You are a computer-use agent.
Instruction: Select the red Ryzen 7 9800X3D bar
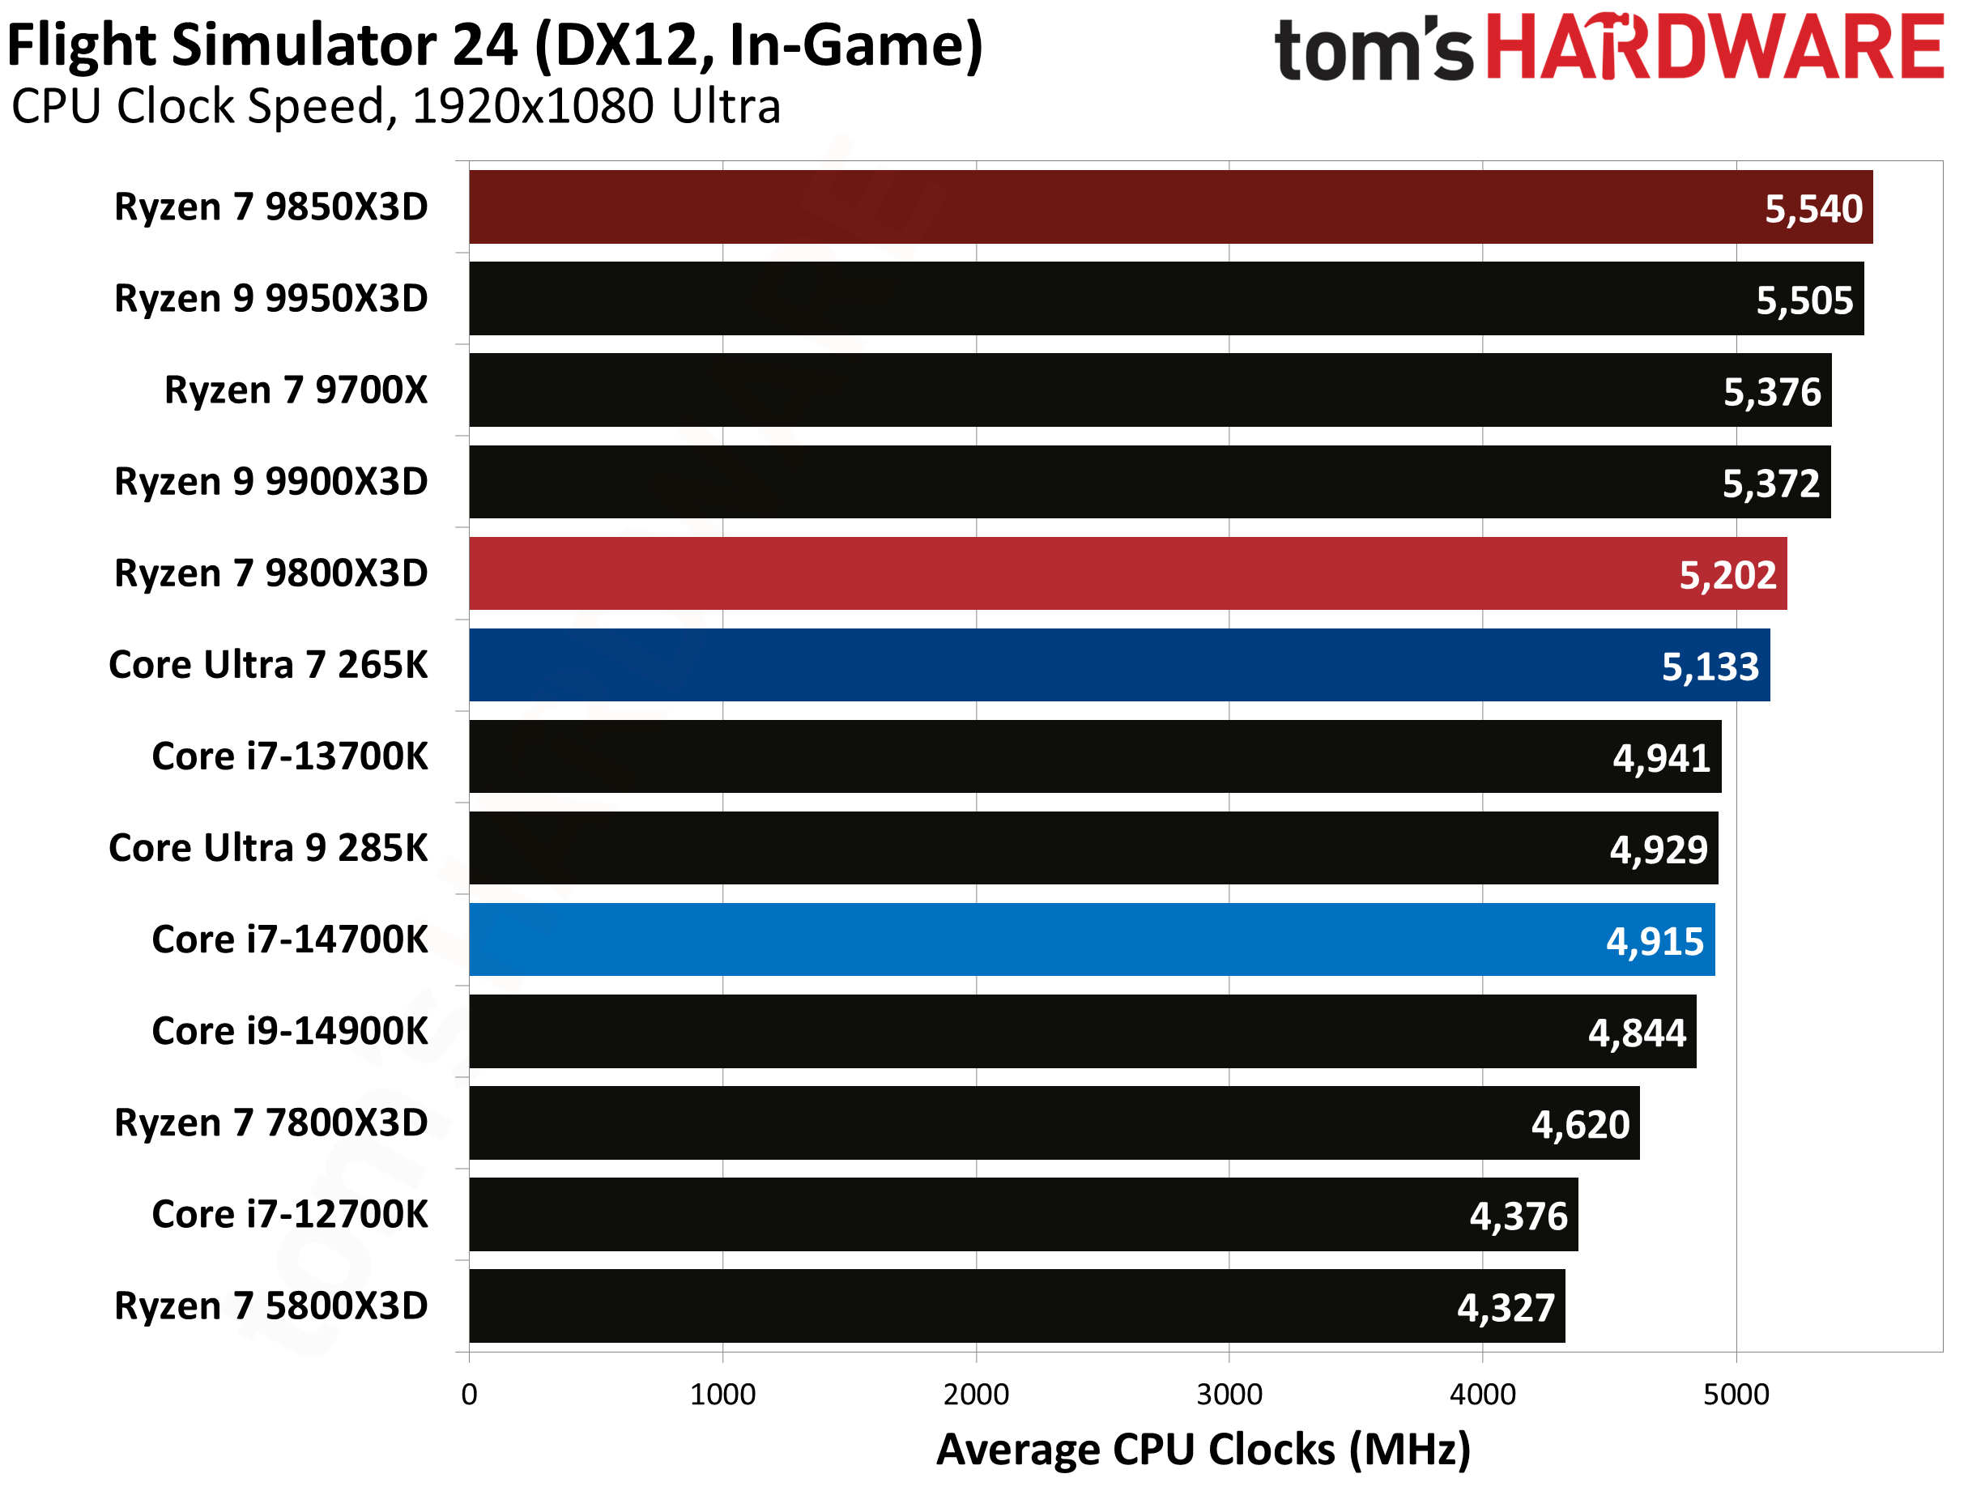point(1122,573)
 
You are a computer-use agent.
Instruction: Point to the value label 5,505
point(1804,300)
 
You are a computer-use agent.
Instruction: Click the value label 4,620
point(1580,1125)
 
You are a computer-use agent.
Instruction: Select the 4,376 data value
point(1519,1216)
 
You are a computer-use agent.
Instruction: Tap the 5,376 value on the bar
point(1772,392)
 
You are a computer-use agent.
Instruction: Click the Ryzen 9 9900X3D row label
point(271,482)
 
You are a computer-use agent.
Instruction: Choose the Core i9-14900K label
point(290,1031)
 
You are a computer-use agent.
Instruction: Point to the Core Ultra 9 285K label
point(268,848)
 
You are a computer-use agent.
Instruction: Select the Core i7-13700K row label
point(290,756)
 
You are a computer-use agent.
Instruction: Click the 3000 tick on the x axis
point(1229,1394)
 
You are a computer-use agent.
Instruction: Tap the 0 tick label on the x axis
point(470,1394)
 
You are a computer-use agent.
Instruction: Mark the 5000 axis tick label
point(1736,1394)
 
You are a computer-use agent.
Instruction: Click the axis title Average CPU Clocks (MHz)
point(1203,1450)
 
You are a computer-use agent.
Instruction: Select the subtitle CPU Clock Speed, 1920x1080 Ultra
point(396,107)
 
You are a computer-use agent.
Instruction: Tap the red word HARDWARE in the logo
point(1715,48)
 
